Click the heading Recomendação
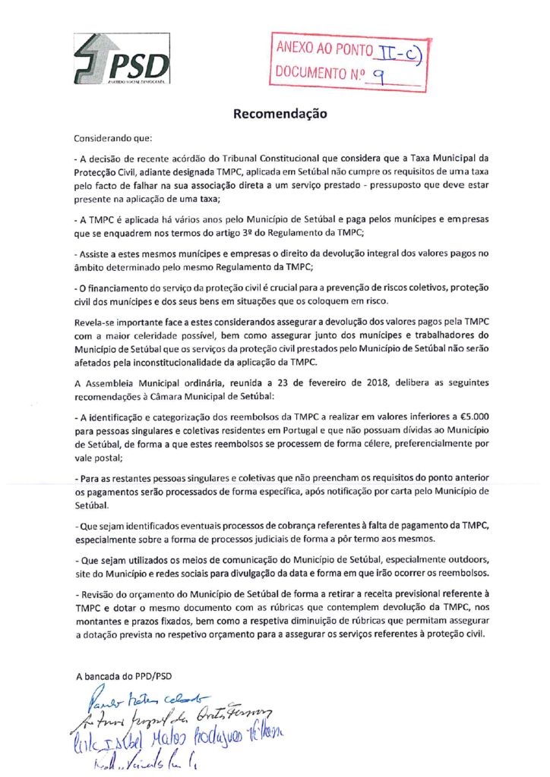click(x=280, y=115)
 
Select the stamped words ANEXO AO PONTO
click(x=324, y=50)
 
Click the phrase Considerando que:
click(x=113, y=140)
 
